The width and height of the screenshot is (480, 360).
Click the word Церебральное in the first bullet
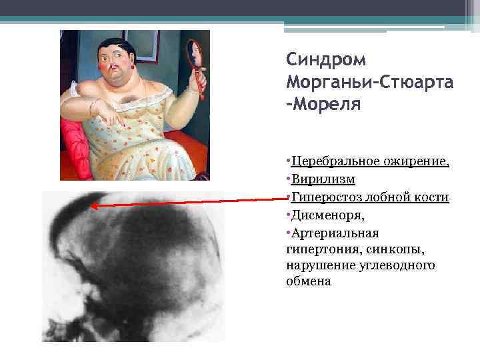point(327,162)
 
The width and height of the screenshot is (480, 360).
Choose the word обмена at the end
point(309,281)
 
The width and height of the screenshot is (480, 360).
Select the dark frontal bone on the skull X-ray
point(77,203)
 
